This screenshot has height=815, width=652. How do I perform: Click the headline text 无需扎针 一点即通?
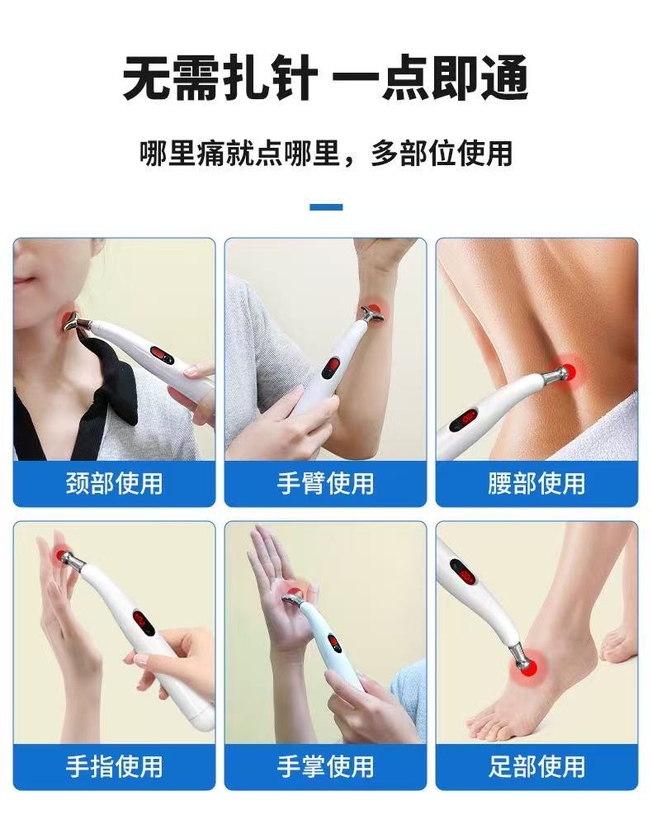pyautogui.click(x=326, y=79)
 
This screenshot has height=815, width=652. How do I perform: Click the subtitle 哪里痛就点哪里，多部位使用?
pyautogui.click(x=326, y=154)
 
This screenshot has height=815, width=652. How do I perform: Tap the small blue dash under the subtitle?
pyautogui.click(x=326, y=207)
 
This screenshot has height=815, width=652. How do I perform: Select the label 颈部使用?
pyautogui.click(x=114, y=483)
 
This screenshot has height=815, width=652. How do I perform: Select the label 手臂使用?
pyautogui.click(x=325, y=483)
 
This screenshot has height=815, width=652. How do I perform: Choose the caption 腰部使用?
pyautogui.click(x=536, y=483)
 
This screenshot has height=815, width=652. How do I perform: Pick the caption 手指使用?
pyautogui.click(x=114, y=766)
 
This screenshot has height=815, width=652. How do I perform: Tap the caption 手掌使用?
pyautogui.click(x=325, y=766)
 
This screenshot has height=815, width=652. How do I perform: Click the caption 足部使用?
pyautogui.click(x=536, y=766)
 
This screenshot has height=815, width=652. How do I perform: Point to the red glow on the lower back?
pyautogui.click(x=568, y=370)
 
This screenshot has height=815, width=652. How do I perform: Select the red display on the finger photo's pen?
pyautogui.click(x=142, y=623)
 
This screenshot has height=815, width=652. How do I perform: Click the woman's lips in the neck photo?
pyautogui.click(x=23, y=283)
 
